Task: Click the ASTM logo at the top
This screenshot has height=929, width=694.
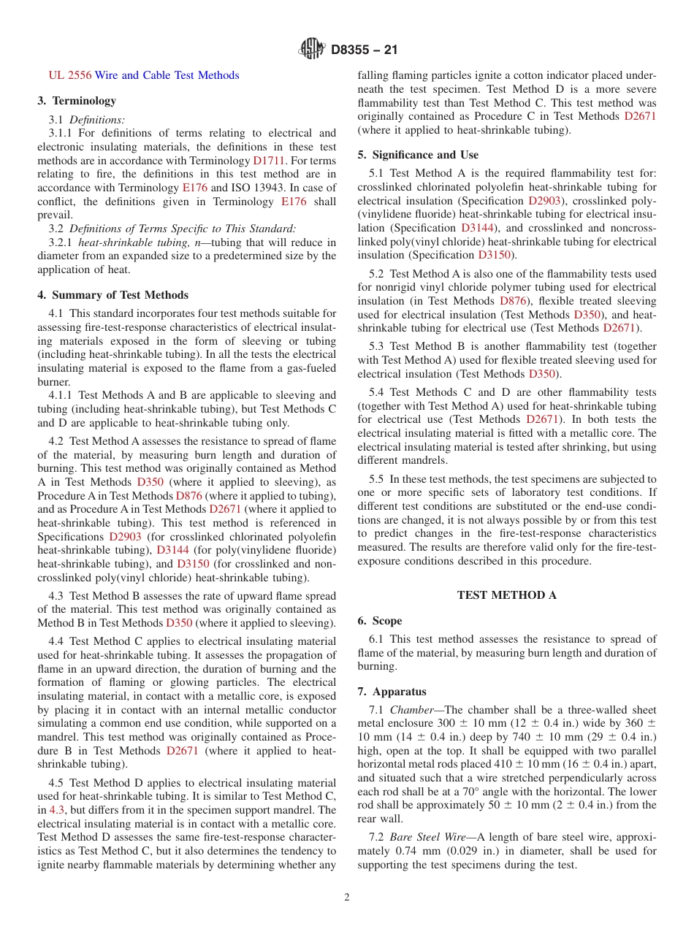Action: pos(313,50)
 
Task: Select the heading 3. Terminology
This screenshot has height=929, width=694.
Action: pos(77,101)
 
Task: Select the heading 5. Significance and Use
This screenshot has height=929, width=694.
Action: pos(418,155)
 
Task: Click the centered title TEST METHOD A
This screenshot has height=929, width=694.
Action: pos(506,595)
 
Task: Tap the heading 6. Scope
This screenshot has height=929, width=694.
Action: pos(379,621)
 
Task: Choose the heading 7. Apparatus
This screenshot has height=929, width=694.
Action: pos(392,692)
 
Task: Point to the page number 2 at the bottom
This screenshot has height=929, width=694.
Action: pos(347,898)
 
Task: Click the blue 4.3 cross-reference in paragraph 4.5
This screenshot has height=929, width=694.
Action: pos(56,810)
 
